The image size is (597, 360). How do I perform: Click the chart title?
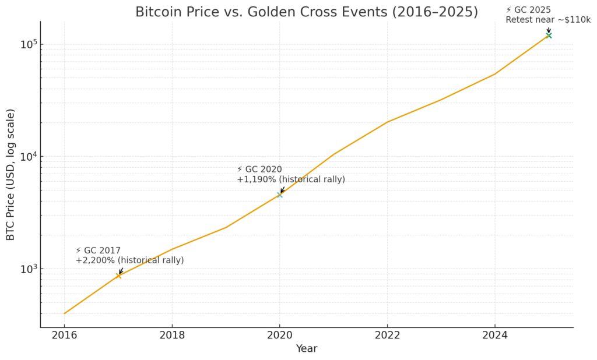[x=307, y=12]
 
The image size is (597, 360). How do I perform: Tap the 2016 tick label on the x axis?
[x=64, y=335]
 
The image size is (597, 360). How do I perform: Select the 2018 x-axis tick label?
[x=172, y=335]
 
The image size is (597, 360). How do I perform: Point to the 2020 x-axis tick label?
[x=280, y=335]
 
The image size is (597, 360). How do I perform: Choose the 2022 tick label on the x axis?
[x=387, y=335]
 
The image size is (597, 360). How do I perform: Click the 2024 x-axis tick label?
[x=495, y=335]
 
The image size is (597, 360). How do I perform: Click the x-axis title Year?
[x=307, y=348]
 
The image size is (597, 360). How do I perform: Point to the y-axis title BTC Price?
[x=10, y=175]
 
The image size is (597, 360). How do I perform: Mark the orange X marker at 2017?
[x=118, y=276]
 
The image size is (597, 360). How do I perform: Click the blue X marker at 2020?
[x=280, y=195]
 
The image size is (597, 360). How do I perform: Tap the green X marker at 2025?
[x=549, y=36]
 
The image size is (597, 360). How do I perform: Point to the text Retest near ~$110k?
[x=547, y=20]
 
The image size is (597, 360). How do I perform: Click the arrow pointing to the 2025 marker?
[x=549, y=30]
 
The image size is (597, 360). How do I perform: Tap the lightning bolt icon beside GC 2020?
[x=240, y=170]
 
